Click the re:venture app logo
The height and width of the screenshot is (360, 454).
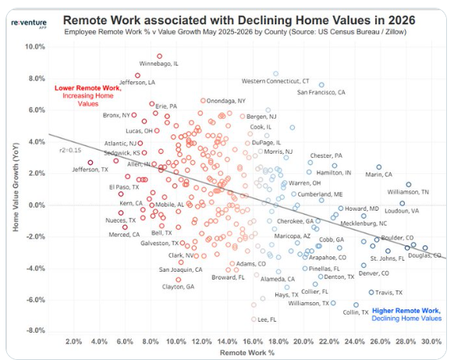coord(29,23)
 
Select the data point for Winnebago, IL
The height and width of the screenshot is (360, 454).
coord(160,56)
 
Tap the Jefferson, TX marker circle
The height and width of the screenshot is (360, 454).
coord(90,162)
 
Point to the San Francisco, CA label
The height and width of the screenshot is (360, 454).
coord(321,92)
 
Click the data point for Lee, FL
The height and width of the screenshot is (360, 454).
coord(254,319)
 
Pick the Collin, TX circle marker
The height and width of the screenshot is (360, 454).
coord(356,305)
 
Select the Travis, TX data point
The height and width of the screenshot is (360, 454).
coord(371,292)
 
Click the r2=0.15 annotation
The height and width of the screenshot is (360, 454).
coord(70,150)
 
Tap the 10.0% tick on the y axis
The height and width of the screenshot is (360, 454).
coord(35,47)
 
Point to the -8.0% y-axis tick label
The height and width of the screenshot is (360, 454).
coord(36,330)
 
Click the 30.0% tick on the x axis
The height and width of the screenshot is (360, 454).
coord(431,341)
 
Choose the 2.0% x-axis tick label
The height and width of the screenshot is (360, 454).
coord(73,341)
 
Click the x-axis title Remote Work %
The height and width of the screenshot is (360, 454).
coord(247,353)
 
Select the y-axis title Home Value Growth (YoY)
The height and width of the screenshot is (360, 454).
coord(16,187)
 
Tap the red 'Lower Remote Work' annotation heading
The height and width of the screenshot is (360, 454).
coord(88,88)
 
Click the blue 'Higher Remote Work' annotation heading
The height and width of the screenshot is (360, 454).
coord(406,311)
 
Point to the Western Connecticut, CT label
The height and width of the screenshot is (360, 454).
coord(275,81)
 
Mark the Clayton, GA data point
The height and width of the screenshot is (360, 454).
coord(179,280)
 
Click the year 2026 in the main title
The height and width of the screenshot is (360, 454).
coord(402,20)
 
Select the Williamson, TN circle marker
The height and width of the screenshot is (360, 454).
coord(409,184)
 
